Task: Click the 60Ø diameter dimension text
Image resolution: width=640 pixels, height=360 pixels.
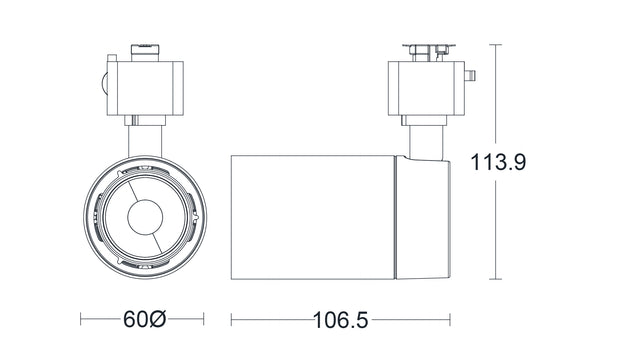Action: (x=144, y=321)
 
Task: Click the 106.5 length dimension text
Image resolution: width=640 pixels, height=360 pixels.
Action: (x=340, y=321)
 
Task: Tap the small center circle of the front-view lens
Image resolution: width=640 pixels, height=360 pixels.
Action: (x=144, y=216)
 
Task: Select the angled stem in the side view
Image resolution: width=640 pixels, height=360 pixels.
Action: (x=424, y=140)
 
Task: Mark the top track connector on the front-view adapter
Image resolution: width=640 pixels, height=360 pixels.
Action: (x=146, y=48)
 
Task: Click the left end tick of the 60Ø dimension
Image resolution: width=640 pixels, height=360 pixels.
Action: (x=81, y=321)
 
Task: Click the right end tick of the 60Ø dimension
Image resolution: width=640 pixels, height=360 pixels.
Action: (x=204, y=321)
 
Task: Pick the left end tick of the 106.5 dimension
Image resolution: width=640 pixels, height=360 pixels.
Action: (x=232, y=321)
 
